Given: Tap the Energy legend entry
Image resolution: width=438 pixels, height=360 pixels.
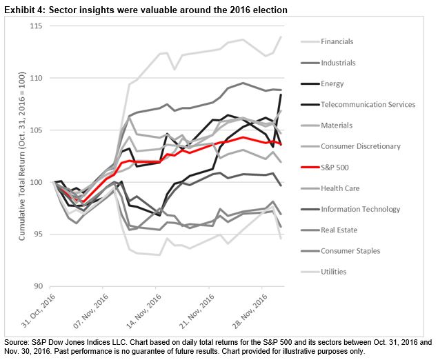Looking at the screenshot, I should click(x=332, y=83).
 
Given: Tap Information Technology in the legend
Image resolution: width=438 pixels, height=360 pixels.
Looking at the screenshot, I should click(x=361, y=209).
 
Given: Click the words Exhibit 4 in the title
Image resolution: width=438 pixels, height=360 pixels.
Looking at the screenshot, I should click(x=20, y=9).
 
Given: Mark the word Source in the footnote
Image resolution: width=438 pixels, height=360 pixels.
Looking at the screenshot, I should click(x=15, y=342).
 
